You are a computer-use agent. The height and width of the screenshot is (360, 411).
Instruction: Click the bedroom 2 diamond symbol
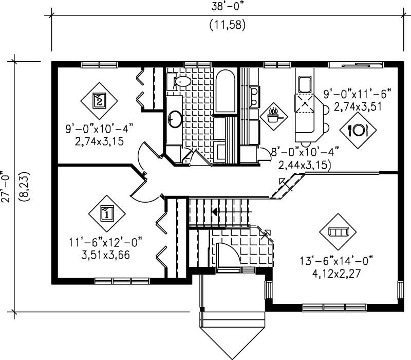[100, 100]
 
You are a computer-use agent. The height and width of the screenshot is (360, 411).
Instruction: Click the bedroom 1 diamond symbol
[106, 212]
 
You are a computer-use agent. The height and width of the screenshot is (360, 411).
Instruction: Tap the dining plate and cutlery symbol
[358, 130]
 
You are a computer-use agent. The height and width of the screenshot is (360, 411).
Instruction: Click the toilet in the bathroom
[179, 81]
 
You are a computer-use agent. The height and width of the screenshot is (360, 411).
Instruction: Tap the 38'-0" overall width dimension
[226, 8]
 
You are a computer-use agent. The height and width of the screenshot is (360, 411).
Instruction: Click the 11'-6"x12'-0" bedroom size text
[105, 240]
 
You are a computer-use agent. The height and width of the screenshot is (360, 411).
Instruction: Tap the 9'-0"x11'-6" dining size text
[357, 94]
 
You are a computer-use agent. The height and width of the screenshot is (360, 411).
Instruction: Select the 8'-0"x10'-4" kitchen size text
[304, 152]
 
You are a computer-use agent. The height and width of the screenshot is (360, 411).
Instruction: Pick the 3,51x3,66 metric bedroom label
[105, 254]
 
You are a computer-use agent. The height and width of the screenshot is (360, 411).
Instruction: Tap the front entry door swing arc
[227, 254]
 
